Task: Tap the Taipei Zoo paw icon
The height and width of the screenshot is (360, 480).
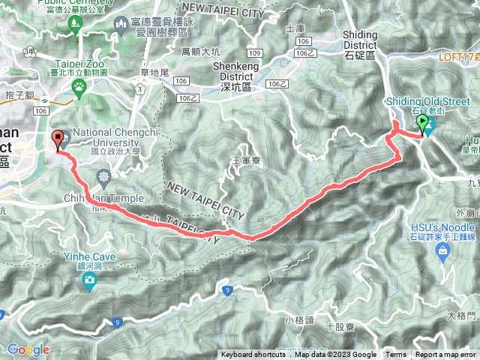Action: click(x=78, y=86)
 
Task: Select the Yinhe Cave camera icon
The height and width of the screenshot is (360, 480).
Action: click(x=90, y=281)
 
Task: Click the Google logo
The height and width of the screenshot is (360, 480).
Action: click(x=28, y=349)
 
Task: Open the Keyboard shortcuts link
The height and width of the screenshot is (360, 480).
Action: click(x=253, y=355)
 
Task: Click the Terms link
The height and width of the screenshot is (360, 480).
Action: click(x=396, y=355)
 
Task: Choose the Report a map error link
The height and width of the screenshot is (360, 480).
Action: click(x=446, y=355)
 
